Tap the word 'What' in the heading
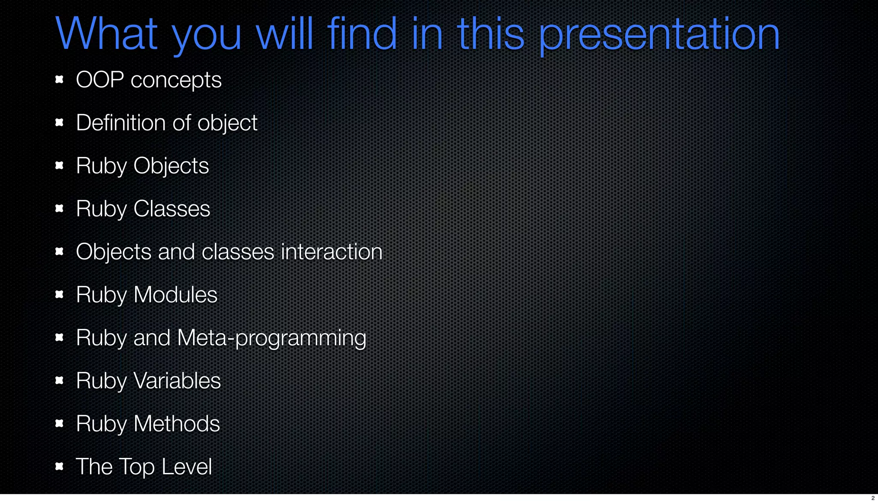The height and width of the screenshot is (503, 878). click(106, 34)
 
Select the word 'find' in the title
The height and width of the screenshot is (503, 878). click(361, 34)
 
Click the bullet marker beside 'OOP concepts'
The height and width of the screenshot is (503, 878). click(60, 79)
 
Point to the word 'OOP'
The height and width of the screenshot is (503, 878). click(100, 80)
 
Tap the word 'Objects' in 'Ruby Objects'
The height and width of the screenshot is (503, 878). click(171, 166)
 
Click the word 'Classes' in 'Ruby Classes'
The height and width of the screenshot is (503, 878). click(171, 209)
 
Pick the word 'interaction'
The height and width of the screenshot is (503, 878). click(331, 252)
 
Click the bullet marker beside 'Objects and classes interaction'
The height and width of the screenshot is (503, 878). click(60, 251)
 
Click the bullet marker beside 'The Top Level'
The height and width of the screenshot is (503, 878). click(60, 466)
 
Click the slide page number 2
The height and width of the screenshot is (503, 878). click(873, 498)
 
